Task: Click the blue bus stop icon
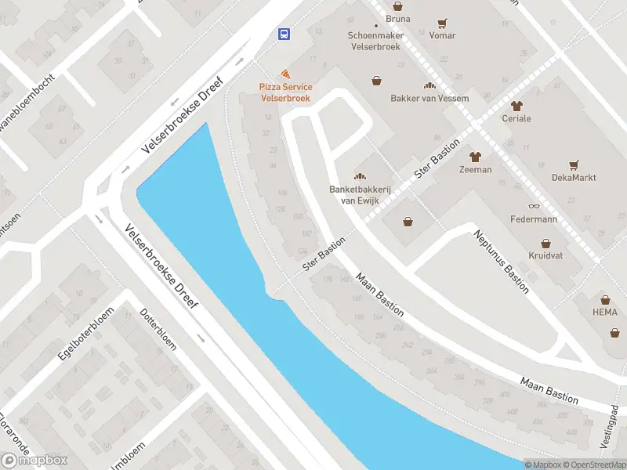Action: pos(284,34)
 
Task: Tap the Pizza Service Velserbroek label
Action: pos(286,92)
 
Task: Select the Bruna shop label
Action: pos(398,18)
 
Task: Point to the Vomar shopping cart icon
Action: pos(443,23)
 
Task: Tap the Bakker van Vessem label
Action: pos(429,98)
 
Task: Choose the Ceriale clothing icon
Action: pos(516,106)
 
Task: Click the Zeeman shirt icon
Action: pos(476,156)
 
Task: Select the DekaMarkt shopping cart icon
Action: pos(574,165)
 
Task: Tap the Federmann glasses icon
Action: pos(534,206)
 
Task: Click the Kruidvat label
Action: pos(545,256)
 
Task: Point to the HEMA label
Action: pos(604,311)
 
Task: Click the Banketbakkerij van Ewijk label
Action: pos(361,194)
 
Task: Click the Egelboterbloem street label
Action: pos(85,333)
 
